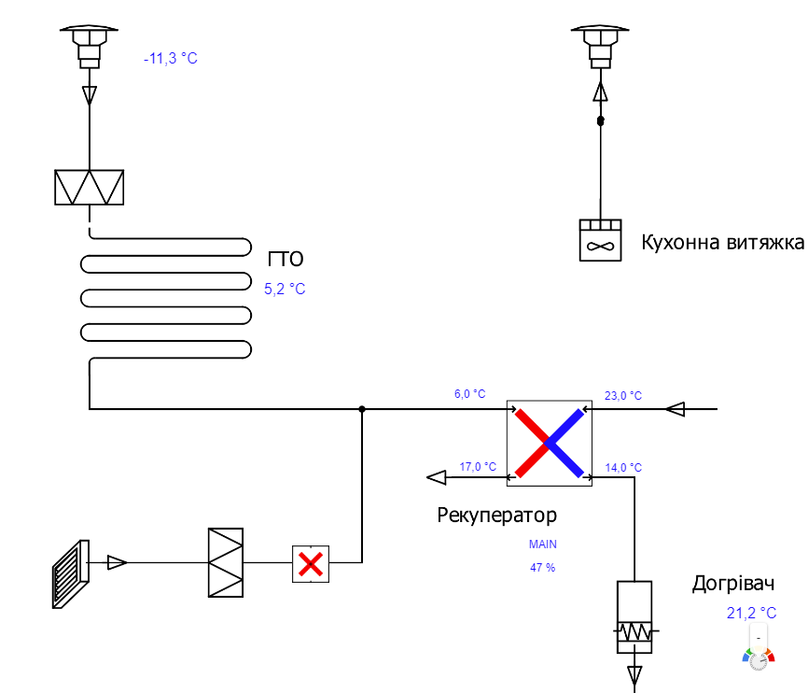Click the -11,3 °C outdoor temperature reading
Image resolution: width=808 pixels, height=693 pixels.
(171, 59)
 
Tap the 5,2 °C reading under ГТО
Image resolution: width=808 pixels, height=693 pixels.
(285, 290)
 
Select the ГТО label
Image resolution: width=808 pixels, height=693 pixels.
(286, 260)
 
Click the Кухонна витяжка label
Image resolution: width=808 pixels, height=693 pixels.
(722, 243)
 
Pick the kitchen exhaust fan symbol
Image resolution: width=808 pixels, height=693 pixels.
(600, 241)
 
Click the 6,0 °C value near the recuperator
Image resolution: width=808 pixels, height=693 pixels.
(469, 395)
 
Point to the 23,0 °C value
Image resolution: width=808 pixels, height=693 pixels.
(623, 396)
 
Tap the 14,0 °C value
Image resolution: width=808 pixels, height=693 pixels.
(623, 467)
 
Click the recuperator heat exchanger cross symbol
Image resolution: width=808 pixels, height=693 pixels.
(550, 443)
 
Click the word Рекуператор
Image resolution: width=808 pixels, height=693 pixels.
(496, 515)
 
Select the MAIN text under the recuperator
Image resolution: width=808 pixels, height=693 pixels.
(542, 544)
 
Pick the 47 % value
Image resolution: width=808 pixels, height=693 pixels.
(542, 567)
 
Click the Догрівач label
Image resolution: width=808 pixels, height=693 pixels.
(733, 585)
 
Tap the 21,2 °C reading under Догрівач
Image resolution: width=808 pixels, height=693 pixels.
(751, 614)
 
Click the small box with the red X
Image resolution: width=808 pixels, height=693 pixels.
(311, 563)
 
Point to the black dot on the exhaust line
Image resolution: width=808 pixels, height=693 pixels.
(601, 121)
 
